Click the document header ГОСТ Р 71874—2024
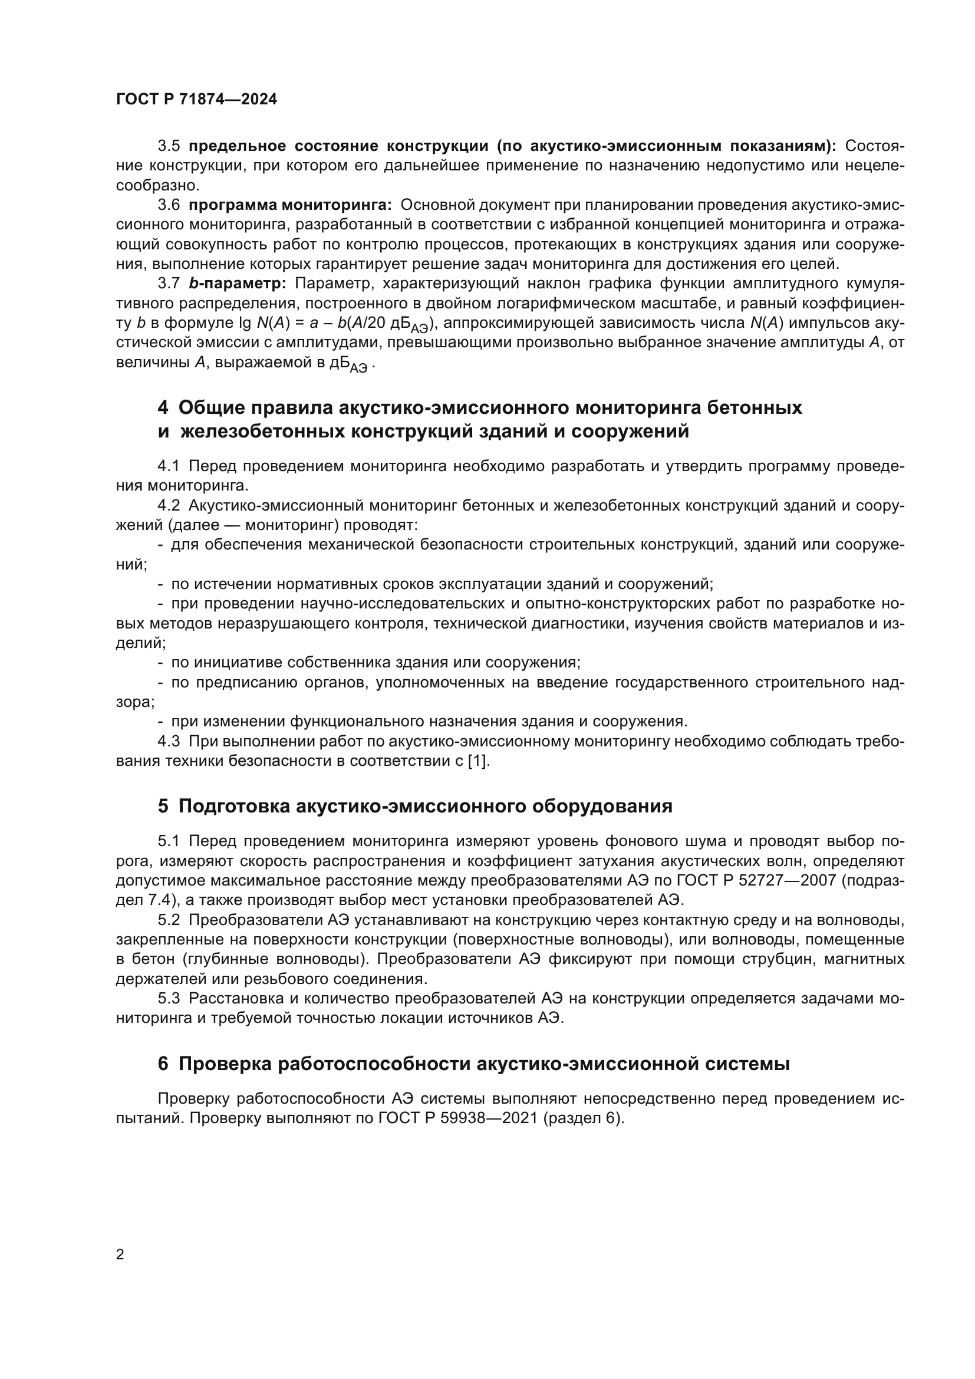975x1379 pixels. [196, 100]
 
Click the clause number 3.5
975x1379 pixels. [169, 146]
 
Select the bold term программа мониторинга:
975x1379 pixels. [290, 205]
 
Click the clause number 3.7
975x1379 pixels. [169, 284]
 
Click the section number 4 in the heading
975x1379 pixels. [163, 408]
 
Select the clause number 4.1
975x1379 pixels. [169, 466]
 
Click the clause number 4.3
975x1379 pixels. [169, 742]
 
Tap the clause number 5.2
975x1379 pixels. [169, 920]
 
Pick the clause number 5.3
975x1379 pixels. [169, 999]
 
